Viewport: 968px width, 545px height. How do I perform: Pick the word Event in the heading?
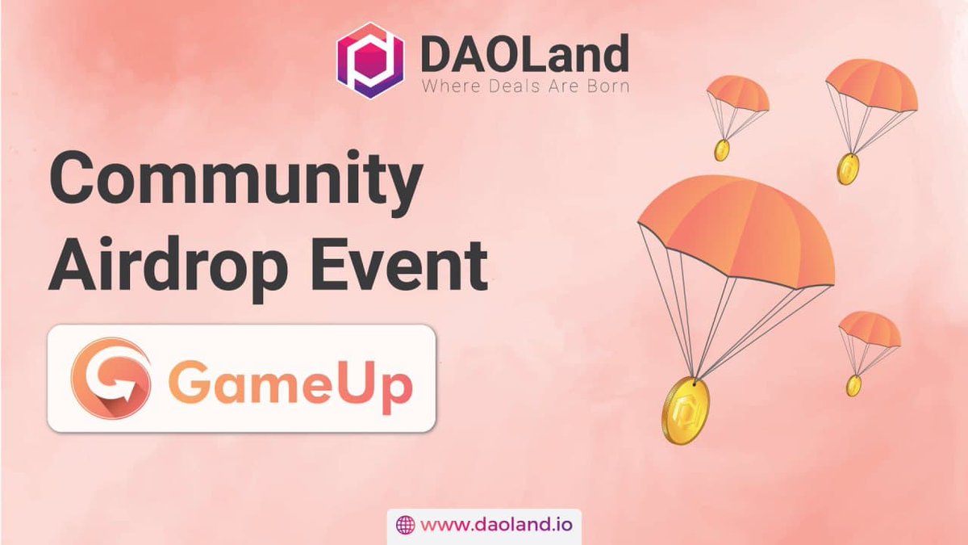pos(409,262)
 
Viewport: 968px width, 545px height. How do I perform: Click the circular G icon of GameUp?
pos(109,377)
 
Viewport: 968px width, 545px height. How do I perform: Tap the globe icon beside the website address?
pos(406,525)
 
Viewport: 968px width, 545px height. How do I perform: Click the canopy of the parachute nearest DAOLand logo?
pos(737,92)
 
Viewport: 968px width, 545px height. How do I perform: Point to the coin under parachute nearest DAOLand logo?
pos(722,149)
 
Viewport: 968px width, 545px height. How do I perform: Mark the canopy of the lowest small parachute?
pos(870,328)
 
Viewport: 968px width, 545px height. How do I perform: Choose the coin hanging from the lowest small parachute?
pos(853,385)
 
